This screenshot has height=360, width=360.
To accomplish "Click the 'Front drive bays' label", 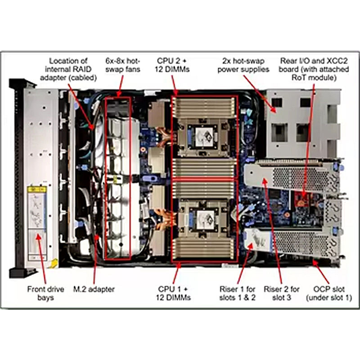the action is tap(45, 293).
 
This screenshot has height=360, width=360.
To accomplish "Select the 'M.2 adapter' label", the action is tap(94, 289).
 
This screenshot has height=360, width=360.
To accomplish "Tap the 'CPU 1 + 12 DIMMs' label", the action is tap(173, 293).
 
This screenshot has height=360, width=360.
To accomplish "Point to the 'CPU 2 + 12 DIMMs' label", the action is tap(172, 65).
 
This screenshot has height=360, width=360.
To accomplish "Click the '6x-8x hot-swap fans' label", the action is tap(123, 65).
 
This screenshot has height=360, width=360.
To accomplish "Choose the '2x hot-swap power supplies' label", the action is tap(243, 65).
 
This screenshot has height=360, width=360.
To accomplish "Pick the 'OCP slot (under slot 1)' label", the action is tap(329, 293).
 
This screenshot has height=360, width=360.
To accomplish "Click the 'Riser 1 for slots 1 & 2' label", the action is tap(238, 293).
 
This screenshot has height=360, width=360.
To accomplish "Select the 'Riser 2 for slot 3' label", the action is tap(282, 293).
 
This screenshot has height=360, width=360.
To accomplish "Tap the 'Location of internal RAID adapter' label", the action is tap(68, 69).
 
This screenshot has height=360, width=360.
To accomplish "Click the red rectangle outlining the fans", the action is tap(105, 178).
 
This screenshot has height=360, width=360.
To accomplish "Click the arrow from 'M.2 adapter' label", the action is tap(95, 259).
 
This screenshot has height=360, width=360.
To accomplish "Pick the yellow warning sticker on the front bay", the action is tap(37, 189).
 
